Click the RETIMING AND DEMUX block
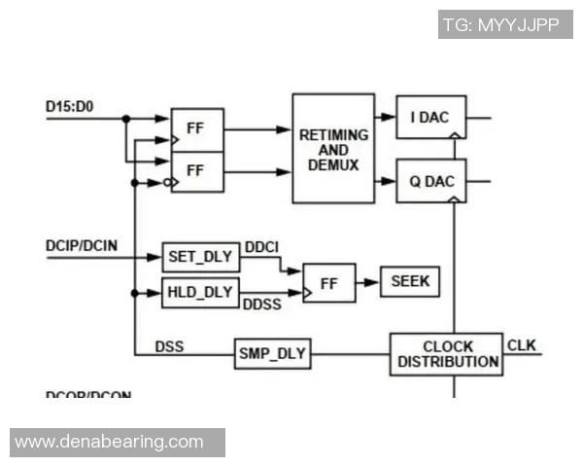333,148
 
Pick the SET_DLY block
199,258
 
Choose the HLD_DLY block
199,292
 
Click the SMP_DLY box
273,354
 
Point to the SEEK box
409,282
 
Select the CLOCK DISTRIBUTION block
447,354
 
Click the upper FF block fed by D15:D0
197,129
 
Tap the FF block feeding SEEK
329,283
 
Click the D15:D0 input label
69,104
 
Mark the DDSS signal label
263,305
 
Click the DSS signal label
169,345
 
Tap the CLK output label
521,344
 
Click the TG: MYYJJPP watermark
504,24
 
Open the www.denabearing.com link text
110,443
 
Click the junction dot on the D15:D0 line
125,119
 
